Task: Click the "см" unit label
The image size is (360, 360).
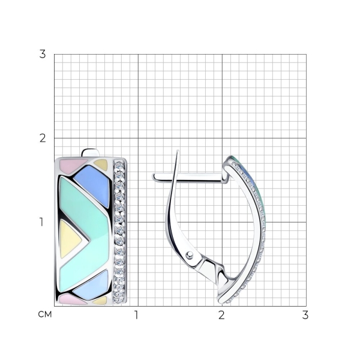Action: (45, 314)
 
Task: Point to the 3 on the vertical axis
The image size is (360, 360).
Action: (43, 54)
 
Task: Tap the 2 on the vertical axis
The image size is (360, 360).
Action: (43, 138)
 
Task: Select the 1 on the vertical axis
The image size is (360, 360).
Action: (41, 222)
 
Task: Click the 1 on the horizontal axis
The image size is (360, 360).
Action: (136, 315)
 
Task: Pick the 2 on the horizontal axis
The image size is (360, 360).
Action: (221, 315)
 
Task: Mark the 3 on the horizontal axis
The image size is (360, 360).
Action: (305, 315)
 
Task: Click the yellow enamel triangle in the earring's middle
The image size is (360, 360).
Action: (69, 239)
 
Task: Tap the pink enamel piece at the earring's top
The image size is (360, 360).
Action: (70, 166)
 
